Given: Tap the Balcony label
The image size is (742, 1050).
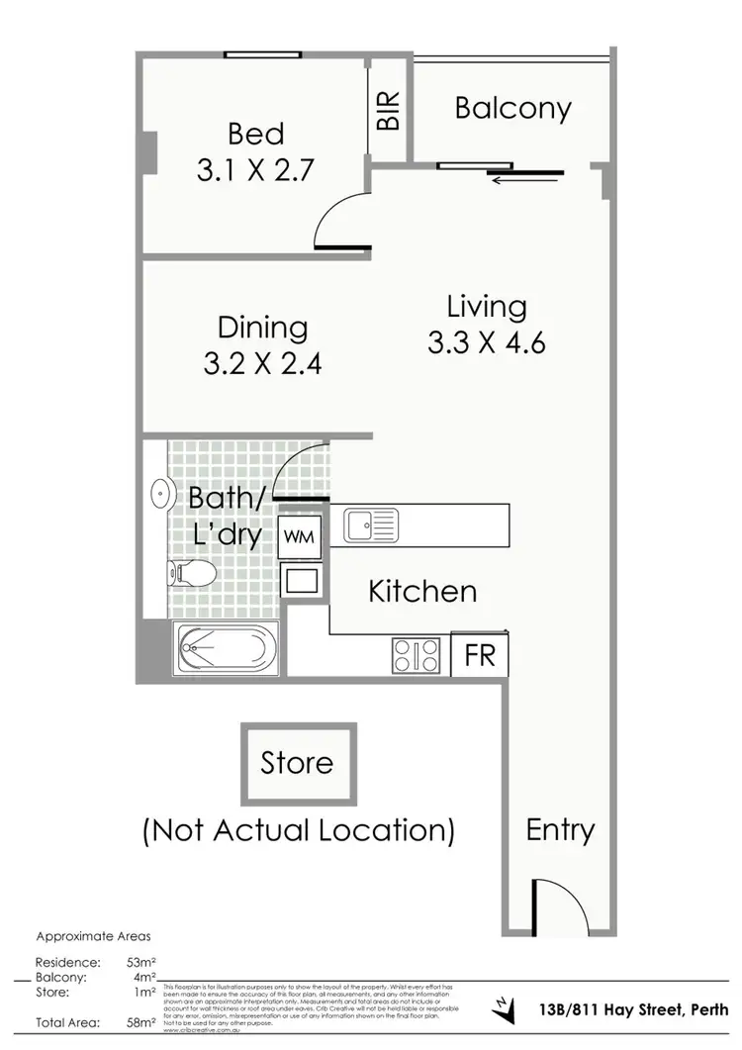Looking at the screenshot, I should point(512,108).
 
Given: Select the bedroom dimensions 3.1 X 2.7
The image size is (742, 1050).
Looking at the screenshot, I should point(255,170).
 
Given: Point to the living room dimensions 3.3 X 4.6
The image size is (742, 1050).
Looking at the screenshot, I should point(487,342).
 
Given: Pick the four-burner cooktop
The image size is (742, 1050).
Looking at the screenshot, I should point(417,653).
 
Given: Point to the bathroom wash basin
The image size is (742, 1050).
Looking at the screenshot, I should point(158,491).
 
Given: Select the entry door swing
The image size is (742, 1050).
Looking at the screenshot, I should point(556,903).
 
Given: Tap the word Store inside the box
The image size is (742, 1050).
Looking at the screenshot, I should point(297,763).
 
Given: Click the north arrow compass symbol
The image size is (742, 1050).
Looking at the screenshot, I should point(506,1009).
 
